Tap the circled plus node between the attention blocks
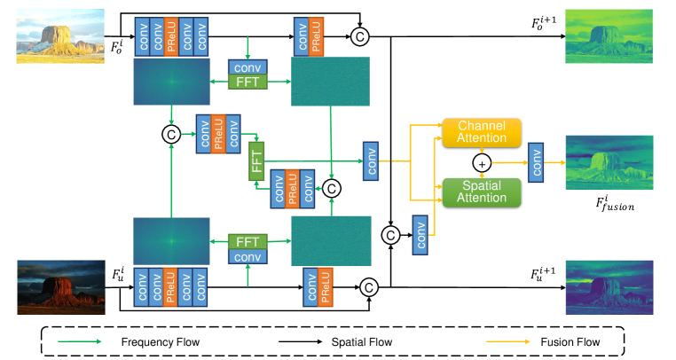point(483,163)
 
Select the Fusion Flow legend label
point(564,341)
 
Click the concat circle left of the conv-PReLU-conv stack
point(170,133)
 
